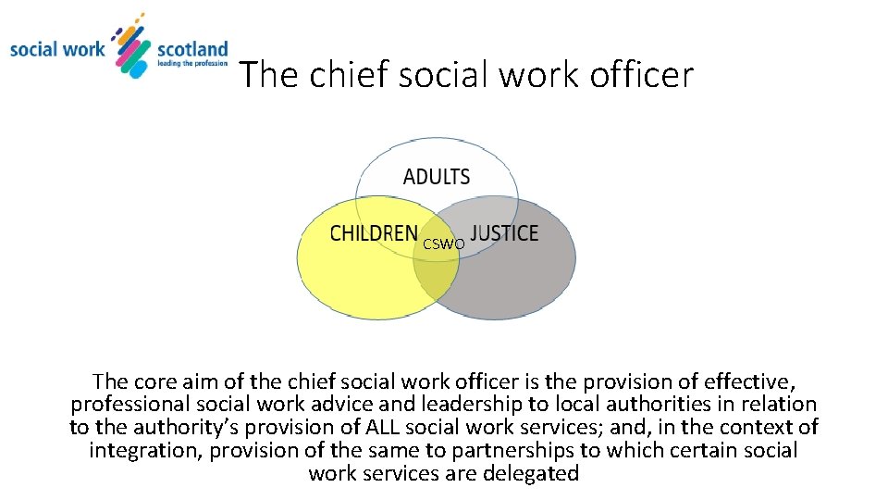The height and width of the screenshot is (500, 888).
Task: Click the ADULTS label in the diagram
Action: [x=437, y=177]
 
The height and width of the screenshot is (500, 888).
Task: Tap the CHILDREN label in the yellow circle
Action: [x=374, y=233]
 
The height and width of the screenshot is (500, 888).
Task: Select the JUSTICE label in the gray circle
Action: [x=504, y=233]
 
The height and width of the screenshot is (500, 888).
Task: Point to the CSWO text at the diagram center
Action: [x=444, y=244]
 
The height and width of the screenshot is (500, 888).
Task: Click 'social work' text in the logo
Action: [x=57, y=48]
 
